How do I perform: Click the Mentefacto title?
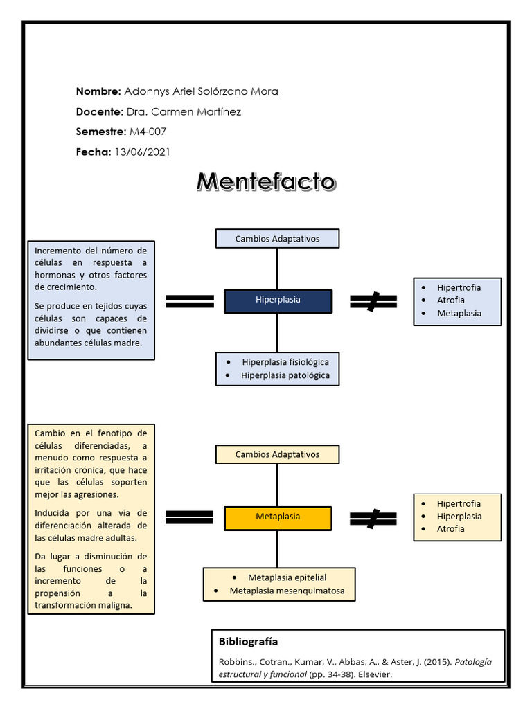click(266, 181)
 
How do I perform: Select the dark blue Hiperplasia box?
click(278, 300)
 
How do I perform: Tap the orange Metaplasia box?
click(278, 517)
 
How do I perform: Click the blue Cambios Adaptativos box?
click(277, 239)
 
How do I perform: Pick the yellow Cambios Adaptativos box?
click(277, 455)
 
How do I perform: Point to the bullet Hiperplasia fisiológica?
click(285, 362)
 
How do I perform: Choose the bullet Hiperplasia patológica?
click(285, 376)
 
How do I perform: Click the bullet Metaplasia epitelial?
click(287, 577)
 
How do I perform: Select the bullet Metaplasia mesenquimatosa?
click(287, 591)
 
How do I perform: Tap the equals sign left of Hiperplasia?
click(189, 300)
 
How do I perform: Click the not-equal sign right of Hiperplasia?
click(373, 300)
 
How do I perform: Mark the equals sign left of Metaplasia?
click(189, 517)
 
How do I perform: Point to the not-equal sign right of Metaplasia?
click(373, 517)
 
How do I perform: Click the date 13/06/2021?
click(142, 152)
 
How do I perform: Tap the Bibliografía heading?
click(248, 641)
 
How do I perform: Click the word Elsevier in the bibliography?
click(374, 674)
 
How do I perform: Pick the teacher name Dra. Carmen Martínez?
click(183, 111)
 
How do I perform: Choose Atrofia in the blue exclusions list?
click(451, 300)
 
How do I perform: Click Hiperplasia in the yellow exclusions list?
click(459, 517)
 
